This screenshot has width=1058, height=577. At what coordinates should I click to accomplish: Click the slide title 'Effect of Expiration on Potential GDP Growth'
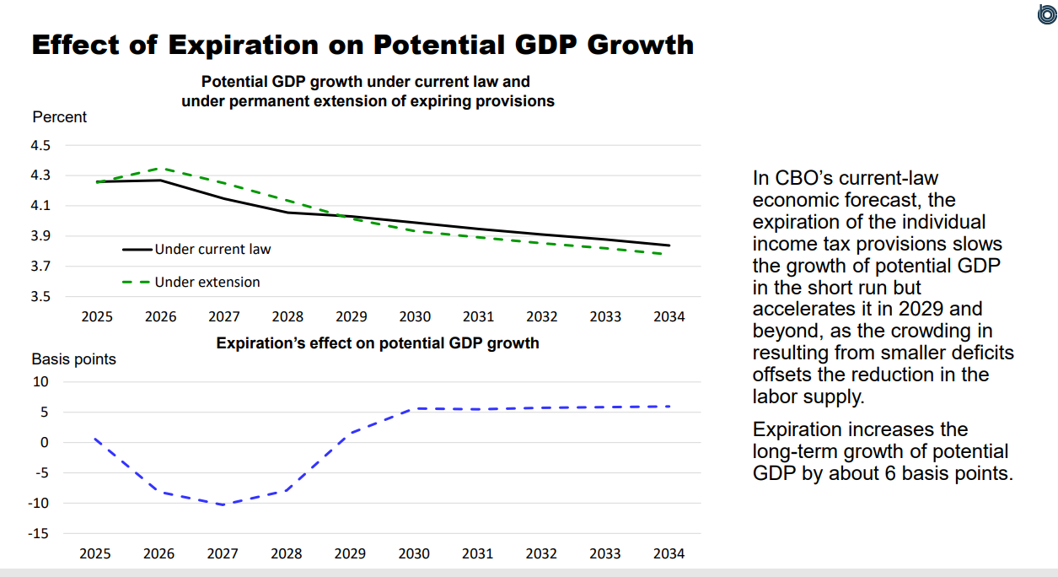(363, 44)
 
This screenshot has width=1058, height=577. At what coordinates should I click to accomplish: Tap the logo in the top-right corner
(1045, 14)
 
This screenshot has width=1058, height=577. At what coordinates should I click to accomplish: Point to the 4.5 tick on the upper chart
(41, 145)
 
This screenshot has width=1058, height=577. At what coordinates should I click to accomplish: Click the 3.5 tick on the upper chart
(41, 296)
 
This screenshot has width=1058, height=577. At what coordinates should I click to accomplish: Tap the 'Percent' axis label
(59, 117)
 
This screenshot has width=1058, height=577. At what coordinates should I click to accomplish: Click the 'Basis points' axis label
(73, 359)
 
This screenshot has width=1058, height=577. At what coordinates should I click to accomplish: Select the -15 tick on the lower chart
(40, 533)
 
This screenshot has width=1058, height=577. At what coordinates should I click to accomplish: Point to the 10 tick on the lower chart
(41, 381)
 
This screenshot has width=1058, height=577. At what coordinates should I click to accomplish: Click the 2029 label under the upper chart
(351, 317)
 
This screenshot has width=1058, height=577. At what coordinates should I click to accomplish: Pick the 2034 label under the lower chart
(669, 554)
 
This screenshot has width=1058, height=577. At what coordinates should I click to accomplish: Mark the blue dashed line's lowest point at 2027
(223, 504)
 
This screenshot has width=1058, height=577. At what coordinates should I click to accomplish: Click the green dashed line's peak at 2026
(161, 169)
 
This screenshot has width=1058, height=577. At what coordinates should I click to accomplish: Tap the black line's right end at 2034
(669, 245)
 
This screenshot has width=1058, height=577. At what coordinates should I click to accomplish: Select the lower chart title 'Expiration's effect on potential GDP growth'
(378, 343)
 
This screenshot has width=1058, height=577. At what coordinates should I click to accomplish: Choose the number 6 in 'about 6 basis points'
(885, 473)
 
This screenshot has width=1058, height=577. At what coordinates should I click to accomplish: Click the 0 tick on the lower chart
(45, 442)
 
